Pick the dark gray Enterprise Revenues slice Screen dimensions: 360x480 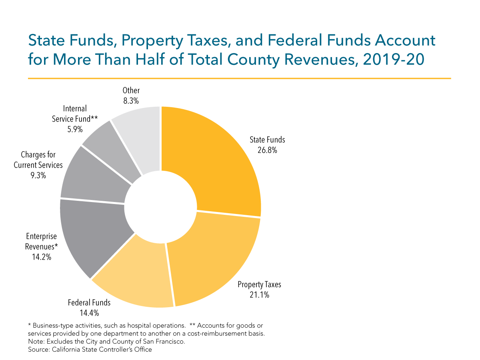point(92,236)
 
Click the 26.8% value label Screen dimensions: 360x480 point(267,151)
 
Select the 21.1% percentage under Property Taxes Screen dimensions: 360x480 point(259,295)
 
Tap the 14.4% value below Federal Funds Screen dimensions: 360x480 point(89,312)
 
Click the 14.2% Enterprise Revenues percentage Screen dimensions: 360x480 point(42,257)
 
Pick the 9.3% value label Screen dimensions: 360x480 point(38,175)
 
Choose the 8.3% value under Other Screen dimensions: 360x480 point(131,101)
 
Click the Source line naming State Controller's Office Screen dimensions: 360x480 point(90,350)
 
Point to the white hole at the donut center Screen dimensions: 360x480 point(160,207)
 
